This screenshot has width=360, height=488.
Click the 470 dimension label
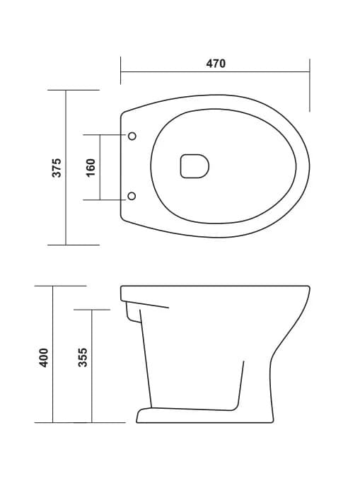pos(216,64)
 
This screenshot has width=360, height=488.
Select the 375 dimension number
pos(58,167)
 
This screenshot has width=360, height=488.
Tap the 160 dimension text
pos(90,168)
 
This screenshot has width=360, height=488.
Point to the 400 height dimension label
pos(44,356)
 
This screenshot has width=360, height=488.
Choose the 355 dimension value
pos(83,356)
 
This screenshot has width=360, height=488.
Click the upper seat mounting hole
pos(132,135)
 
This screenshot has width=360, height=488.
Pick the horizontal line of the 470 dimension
pos(215,71)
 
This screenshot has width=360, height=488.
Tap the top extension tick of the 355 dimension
pos(91,309)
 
